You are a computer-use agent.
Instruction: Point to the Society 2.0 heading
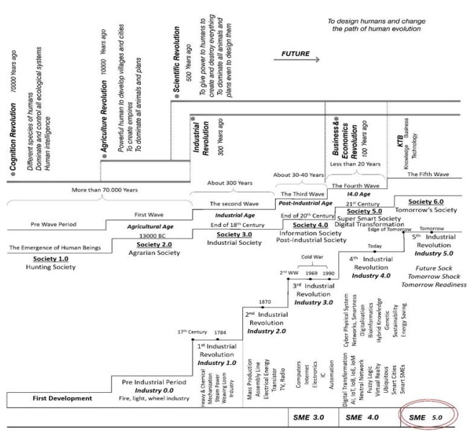(126, 233)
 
